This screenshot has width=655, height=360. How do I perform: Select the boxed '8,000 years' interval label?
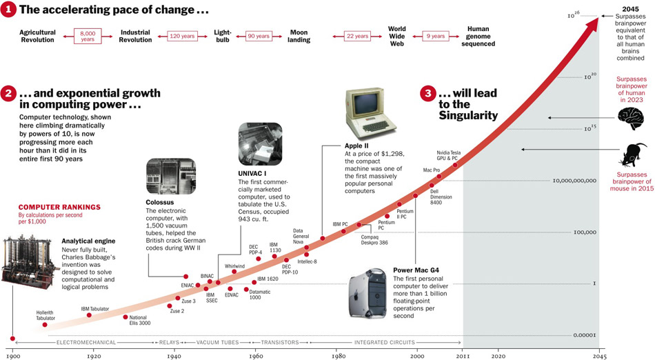pos(88,36)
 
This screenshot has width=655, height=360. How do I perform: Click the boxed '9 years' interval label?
pos(435,36)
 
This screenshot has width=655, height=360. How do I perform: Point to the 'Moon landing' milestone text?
pos(299,36)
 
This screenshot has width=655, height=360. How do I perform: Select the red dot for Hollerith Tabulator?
pos(45,324)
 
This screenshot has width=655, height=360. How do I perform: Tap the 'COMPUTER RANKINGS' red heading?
pos(59,207)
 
